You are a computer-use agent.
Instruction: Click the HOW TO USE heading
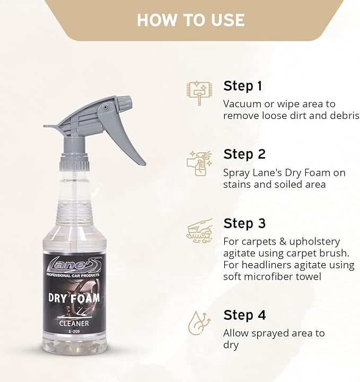(x=190, y=20)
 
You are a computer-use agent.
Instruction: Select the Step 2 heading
(x=244, y=154)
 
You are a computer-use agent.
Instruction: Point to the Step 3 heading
(x=244, y=223)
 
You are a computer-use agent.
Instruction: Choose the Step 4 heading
(x=244, y=315)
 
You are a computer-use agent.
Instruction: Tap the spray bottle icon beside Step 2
(x=199, y=162)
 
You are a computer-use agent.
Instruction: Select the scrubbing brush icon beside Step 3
(x=199, y=231)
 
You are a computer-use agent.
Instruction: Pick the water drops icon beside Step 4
(x=199, y=322)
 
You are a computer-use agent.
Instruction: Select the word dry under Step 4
(x=231, y=345)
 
